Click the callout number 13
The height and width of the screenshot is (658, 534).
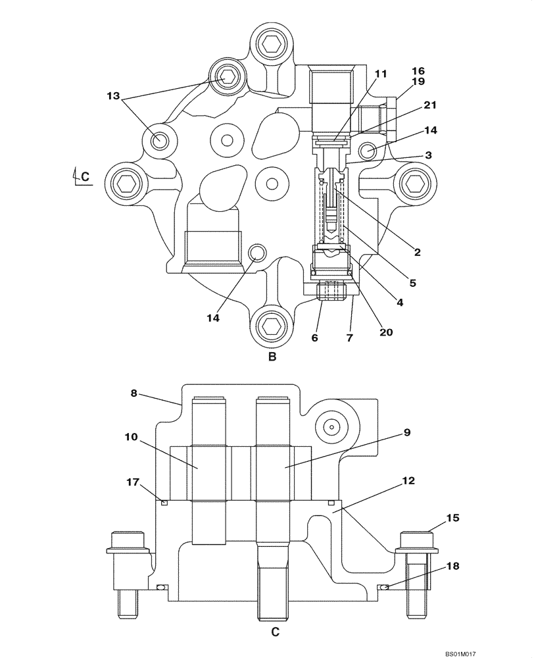112,95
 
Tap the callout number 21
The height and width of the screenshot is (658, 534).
430,105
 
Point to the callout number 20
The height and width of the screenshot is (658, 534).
386,332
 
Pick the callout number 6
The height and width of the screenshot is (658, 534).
314,338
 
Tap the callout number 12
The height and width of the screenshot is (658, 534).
408,481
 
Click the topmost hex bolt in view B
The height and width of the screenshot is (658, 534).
270,45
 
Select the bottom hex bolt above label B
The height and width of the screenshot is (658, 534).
270,325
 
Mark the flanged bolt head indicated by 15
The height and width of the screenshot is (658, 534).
416,540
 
